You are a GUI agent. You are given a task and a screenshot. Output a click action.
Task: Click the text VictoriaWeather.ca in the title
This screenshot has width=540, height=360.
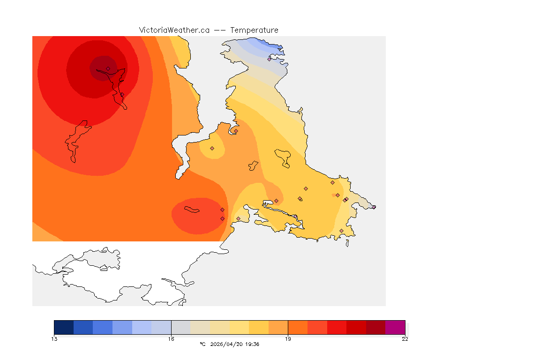[174, 30]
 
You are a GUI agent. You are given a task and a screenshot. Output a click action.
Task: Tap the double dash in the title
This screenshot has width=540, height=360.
[219, 30]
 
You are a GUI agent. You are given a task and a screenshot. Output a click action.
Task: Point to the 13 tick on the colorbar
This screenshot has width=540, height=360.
[54, 339]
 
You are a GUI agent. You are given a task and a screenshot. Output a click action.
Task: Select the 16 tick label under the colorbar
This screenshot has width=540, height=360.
[171, 339]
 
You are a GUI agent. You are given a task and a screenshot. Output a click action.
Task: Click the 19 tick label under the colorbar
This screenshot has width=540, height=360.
[288, 339]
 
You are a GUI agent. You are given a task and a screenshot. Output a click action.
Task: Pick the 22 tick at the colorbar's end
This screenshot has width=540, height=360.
[405, 339]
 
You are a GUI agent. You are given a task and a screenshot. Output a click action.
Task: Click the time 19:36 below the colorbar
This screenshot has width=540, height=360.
[251, 345]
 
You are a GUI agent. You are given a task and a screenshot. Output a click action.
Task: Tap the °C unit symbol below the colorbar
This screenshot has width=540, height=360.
[202, 345]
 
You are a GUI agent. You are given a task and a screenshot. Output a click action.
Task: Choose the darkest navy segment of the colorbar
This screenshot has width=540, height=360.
[64, 327]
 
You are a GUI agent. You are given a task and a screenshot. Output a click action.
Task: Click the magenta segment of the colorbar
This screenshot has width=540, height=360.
[395, 327]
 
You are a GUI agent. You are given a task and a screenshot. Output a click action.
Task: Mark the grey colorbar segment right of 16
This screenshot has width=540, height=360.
[181, 327]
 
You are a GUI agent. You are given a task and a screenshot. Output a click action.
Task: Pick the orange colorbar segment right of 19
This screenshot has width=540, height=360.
[298, 327]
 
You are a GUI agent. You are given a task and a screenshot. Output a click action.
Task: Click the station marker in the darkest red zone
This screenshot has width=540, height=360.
[108, 68]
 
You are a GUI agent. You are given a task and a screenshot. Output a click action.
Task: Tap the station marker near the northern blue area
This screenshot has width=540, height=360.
[270, 59]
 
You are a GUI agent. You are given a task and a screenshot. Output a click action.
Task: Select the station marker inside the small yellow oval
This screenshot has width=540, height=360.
[212, 148]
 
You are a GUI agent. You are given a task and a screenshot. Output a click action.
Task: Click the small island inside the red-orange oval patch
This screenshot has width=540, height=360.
[192, 210]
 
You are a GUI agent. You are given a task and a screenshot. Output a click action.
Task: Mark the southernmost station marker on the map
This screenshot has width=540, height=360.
[341, 231]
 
